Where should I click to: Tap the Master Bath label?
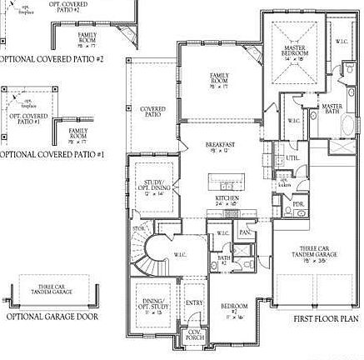pos(332,109)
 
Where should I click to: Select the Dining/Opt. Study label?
pos(153,306)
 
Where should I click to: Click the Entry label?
pos(194,302)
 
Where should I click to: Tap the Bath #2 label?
pos(224,260)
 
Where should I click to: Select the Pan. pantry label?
pos(245,232)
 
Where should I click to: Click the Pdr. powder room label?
pos(298,203)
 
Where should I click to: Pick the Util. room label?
pos(292,157)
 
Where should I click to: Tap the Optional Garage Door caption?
pos(51,317)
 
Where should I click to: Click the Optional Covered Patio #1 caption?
pos(52,154)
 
